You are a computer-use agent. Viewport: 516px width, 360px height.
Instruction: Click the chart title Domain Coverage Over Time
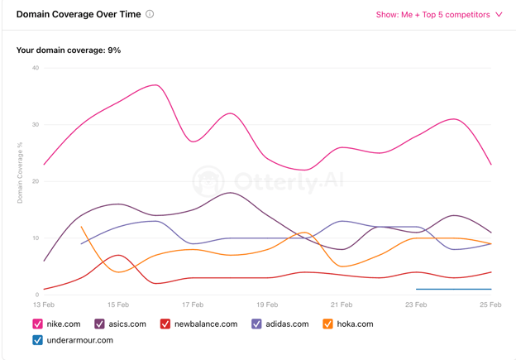coord(79,14)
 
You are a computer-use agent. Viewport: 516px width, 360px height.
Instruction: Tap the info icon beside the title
coord(150,14)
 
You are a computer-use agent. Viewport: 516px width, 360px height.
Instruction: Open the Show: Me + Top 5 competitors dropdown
coord(439,14)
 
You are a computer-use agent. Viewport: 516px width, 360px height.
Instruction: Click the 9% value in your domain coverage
coord(114,50)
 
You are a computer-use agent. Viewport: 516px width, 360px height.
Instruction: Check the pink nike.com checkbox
coord(38,324)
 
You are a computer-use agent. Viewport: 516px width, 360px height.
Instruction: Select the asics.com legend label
coord(127,324)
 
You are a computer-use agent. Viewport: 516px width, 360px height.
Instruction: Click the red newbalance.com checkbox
coord(165,324)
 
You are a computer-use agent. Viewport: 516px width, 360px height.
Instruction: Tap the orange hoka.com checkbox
coord(328,324)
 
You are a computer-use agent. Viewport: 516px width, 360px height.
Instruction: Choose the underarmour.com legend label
coord(80,340)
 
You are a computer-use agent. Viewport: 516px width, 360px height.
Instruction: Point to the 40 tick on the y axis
coord(35,68)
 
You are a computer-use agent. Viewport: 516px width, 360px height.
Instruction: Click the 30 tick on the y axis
coord(35,125)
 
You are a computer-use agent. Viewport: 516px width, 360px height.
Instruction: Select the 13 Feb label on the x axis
coord(43,305)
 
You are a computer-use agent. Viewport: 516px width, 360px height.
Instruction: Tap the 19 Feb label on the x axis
coord(266,305)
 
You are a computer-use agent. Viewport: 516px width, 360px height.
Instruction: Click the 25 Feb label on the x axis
coord(490,305)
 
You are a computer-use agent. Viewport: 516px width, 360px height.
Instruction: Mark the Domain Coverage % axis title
coord(20,173)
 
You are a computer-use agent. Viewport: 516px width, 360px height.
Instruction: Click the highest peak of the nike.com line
coord(155,85)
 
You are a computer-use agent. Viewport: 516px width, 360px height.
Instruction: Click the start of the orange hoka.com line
coord(81,227)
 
